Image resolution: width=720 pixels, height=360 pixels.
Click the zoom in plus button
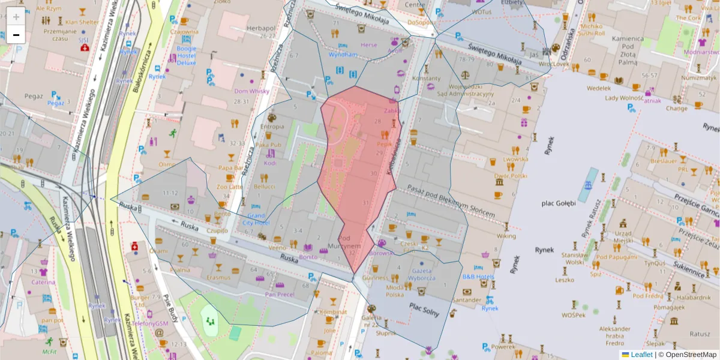[16, 16]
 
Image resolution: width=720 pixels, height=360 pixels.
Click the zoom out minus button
[16, 35]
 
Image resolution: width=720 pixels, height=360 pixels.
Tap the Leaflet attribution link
[641, 355]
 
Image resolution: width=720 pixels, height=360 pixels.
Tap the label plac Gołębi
[558, 202]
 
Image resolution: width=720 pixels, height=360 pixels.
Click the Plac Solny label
[424, 309]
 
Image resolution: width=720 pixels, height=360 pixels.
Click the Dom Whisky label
[251, 91]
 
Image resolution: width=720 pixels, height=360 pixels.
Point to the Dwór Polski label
[510, 176]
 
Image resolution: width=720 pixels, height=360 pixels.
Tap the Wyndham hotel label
[343, 54]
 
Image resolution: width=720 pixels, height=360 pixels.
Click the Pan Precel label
[279, 294]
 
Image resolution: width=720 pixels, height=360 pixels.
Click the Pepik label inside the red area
[385, 144]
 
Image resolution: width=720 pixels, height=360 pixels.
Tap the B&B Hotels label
[478, 277]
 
